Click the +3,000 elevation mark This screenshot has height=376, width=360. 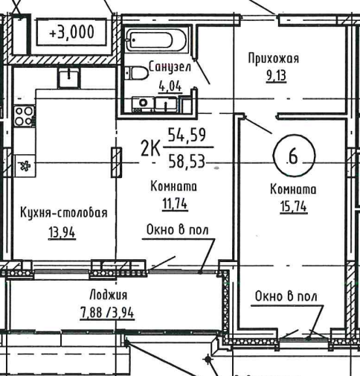(72, 32)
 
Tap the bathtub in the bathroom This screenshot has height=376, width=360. (156, 39)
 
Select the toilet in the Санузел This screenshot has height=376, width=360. (136, 73)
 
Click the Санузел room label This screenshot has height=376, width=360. (170, 67)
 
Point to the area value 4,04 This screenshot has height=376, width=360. (170, 86)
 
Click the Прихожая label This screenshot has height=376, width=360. (274, 59)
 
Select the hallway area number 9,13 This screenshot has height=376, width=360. (276, 76)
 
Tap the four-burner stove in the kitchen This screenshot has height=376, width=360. (24, 116)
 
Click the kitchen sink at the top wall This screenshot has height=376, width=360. (69, 77)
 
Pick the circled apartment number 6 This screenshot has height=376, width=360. (294, 156)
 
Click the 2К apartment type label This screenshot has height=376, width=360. (150, 148)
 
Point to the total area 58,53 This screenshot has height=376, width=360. (187, 161)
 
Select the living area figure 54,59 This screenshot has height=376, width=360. (187, 135)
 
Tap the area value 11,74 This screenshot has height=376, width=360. (175, 204)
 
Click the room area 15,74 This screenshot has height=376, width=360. (294, 206)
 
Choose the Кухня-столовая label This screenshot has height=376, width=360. (64, 213)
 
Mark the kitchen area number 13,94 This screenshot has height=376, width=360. (62, 232)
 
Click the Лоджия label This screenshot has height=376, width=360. (109, 295)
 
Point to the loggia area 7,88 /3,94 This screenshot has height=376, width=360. (107, 312)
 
